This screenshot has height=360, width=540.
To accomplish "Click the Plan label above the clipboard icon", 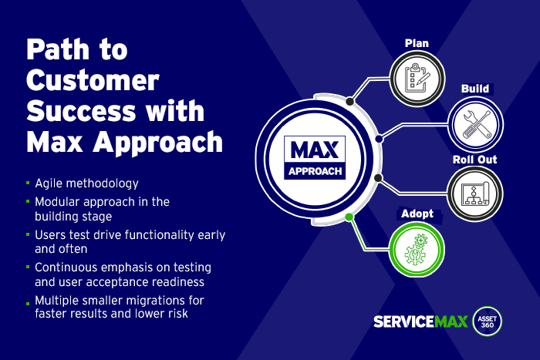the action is coord(417,43).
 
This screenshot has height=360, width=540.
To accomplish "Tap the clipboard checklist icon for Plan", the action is coord(417,78).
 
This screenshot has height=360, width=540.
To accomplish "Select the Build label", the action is coord(475,89).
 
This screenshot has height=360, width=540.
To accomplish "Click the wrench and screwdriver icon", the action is coord(476,124).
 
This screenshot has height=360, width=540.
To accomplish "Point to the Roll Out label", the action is coord(474,160).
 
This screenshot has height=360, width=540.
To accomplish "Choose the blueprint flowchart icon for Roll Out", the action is coord(475,194).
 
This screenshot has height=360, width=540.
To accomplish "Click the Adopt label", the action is coord(417,214).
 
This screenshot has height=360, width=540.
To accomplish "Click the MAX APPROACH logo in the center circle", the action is coord(315,157).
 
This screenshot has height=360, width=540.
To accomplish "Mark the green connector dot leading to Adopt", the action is coord(349,217).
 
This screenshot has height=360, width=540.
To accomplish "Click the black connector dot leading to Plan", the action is coord(350,102).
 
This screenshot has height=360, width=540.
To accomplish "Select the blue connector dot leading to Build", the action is coord(379,139).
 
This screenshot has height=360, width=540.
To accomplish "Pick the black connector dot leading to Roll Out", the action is coord(378,178).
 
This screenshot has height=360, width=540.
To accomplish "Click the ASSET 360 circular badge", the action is coord(487,321).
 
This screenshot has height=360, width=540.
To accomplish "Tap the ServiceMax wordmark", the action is coord(420,321).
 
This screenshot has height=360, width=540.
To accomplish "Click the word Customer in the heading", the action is coord(93,80).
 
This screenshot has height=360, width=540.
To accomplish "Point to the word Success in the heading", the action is coord(81,111).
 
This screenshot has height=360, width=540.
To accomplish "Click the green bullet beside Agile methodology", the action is coord(28,183).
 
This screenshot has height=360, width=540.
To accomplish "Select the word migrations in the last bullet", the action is coord(156,301).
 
